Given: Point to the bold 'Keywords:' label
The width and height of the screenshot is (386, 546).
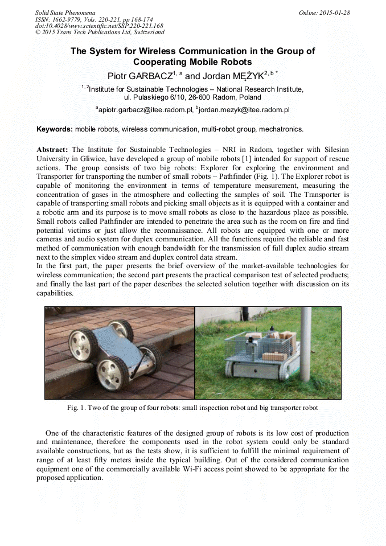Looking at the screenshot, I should pos(55,129).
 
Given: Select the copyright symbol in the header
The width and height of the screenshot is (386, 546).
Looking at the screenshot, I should pos(38,32).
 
